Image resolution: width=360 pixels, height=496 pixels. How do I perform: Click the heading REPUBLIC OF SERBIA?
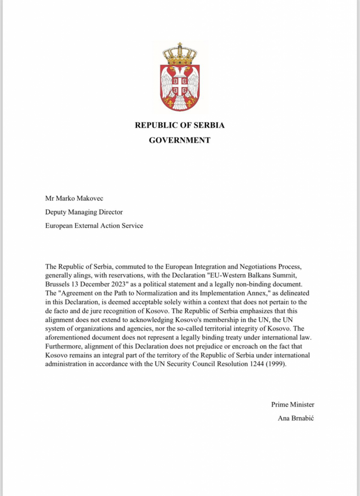[x=180, y=125]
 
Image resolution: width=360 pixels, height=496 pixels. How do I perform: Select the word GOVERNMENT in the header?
[x=180, y=140]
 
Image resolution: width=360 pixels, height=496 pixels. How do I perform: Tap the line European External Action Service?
[x=94, y=226]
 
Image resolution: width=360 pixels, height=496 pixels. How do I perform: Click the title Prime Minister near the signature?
[x=292, y=404]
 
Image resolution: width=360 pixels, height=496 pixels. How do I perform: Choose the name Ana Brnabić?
[x=296, y=418]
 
